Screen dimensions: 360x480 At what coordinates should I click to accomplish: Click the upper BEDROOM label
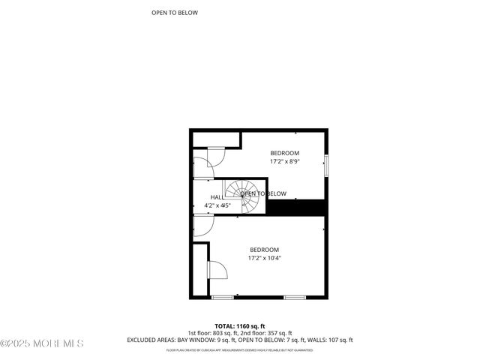(284, 153)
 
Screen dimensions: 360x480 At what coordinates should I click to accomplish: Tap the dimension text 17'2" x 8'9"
(284, 161)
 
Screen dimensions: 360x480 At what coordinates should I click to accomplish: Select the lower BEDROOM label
(264, 250)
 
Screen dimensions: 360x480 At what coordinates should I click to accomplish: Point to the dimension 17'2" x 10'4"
(264, 258)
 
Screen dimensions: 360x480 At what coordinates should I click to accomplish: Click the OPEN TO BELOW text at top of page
(175, 13)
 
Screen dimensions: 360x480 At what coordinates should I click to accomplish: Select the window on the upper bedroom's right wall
(325, 165)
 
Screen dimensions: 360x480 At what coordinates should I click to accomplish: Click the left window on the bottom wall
(222, 298)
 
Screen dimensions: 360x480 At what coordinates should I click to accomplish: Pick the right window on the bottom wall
(294, 298)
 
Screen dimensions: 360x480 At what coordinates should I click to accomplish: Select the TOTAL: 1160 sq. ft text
(239, 326)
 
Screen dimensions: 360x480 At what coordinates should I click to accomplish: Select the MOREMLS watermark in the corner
(42, 343)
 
